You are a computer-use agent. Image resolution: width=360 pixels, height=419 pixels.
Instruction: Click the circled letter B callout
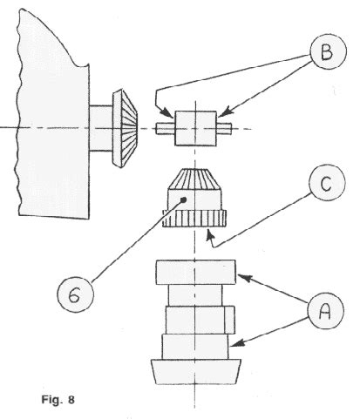[x=329, y=51]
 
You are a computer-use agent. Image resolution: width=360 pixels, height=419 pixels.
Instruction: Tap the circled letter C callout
[x=327, y=183]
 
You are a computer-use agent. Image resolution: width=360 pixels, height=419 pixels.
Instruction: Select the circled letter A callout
[x=326, y=311]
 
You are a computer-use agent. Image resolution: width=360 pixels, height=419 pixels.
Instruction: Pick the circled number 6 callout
[x=76, y=294]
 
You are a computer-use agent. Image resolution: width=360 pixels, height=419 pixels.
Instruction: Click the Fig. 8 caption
[x=58, y=400]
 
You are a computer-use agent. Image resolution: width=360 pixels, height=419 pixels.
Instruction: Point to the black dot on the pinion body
[x=183, y=199]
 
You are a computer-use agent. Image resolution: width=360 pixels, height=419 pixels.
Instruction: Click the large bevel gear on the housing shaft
[x=125, y=128]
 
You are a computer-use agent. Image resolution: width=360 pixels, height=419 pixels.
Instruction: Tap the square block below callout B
[x=195, y=128]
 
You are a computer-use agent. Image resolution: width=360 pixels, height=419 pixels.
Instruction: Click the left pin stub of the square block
[x=165, y=129]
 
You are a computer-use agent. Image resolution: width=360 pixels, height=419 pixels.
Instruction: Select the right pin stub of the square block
[x=224, y=129]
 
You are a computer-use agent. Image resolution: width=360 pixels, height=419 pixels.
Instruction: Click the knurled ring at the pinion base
[x=194, y=219]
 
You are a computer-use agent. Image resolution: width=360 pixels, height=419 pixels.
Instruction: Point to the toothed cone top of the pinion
[x=194, y=179]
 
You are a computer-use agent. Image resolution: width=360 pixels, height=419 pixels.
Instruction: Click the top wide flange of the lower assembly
[x=195, y=272]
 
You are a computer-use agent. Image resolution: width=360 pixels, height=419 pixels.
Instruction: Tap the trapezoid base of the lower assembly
[x=196, y=372]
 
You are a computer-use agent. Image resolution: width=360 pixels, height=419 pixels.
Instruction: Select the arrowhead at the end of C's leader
[x=210, y=234]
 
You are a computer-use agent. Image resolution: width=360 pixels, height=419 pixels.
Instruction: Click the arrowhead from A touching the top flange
[x=244, y=278]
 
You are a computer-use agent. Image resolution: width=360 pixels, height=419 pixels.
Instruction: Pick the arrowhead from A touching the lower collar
[x=237, y=343]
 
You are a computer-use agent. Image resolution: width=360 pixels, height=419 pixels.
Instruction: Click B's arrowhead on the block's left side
[x=168, y=113]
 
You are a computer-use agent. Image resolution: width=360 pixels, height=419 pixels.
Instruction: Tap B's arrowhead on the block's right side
[x=224, y=112]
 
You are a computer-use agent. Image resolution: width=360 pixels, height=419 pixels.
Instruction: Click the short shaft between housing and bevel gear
[x=101, y=128]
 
